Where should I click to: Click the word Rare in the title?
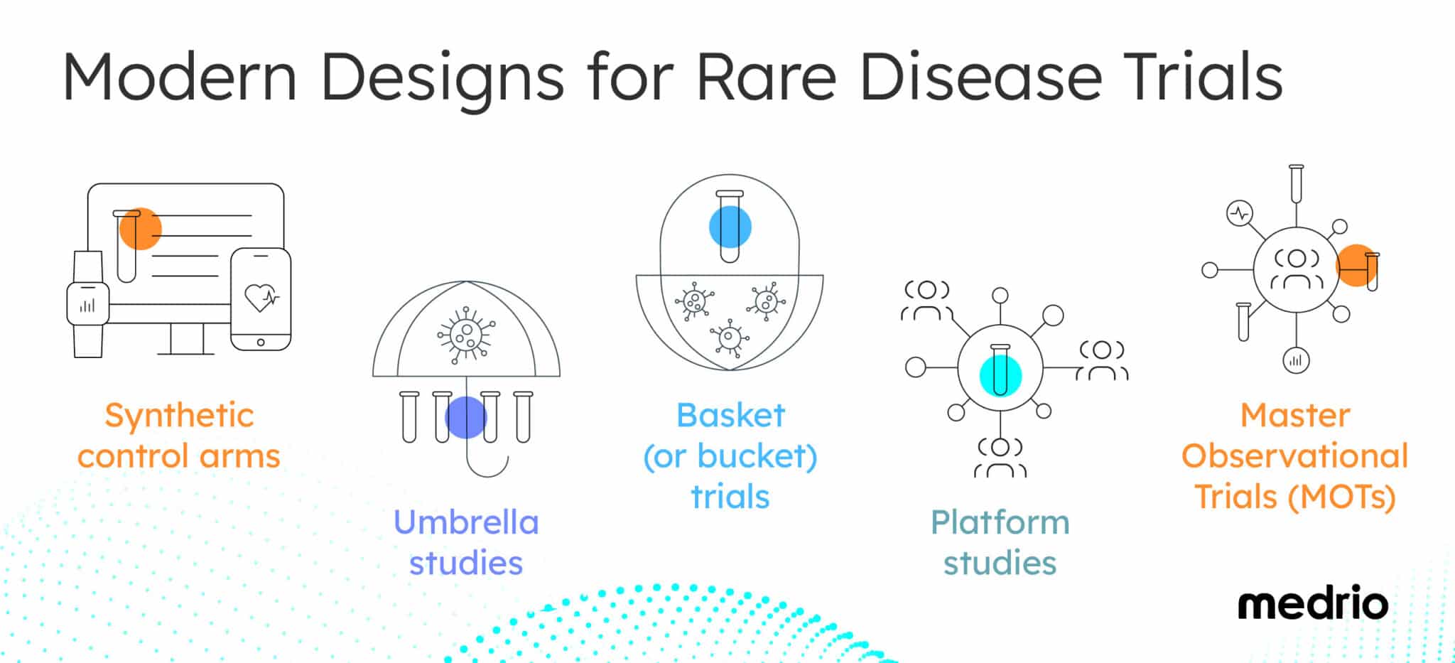tap(766, 76)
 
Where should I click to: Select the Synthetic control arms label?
tap(179, 435)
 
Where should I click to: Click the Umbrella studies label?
tap(466, 542)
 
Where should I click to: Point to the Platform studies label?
tap(1000, 542)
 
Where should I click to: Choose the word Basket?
tap(730, 415)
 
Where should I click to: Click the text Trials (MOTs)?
tap(1294, 497)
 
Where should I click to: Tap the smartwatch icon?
tap(88, 304)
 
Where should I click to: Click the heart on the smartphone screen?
tap(260, 297)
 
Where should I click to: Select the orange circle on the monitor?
tap(140, 228)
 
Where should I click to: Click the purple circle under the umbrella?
tap(465, 417)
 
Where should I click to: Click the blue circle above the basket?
tap(730, 227)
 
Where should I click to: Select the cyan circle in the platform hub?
tap(1000, 375)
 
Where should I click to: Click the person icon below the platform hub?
tap(1000, 458)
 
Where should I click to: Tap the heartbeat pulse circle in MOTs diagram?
tap(1240, 212)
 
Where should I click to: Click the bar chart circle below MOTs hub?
tap(1296, 360)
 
